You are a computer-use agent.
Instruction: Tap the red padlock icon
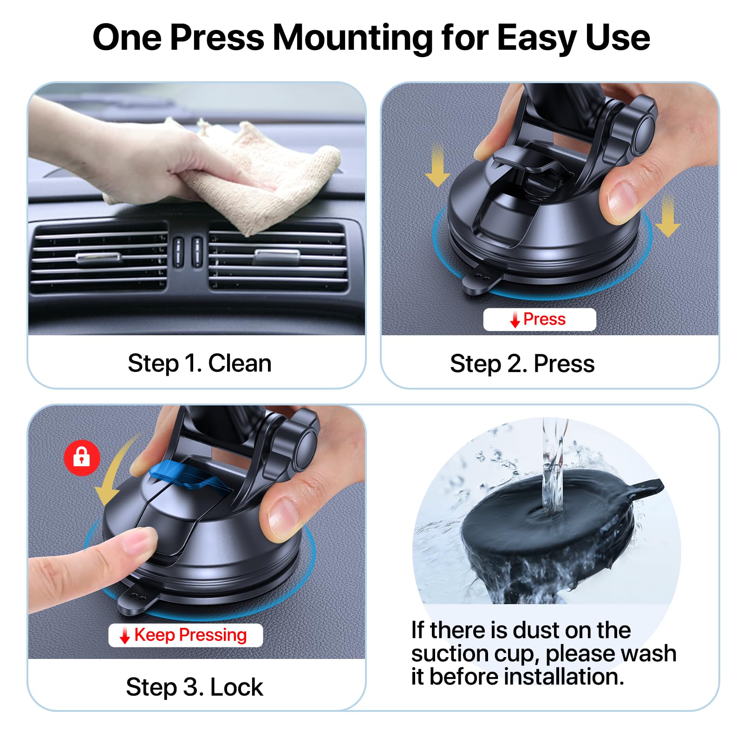coord(82,457)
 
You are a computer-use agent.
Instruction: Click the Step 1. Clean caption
coord(199,363)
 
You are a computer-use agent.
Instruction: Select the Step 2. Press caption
coord(522,364)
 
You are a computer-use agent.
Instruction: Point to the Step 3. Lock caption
coord(194,687)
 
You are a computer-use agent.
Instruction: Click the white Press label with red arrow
coord(539,319)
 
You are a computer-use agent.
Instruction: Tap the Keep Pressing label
coord(185,635)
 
